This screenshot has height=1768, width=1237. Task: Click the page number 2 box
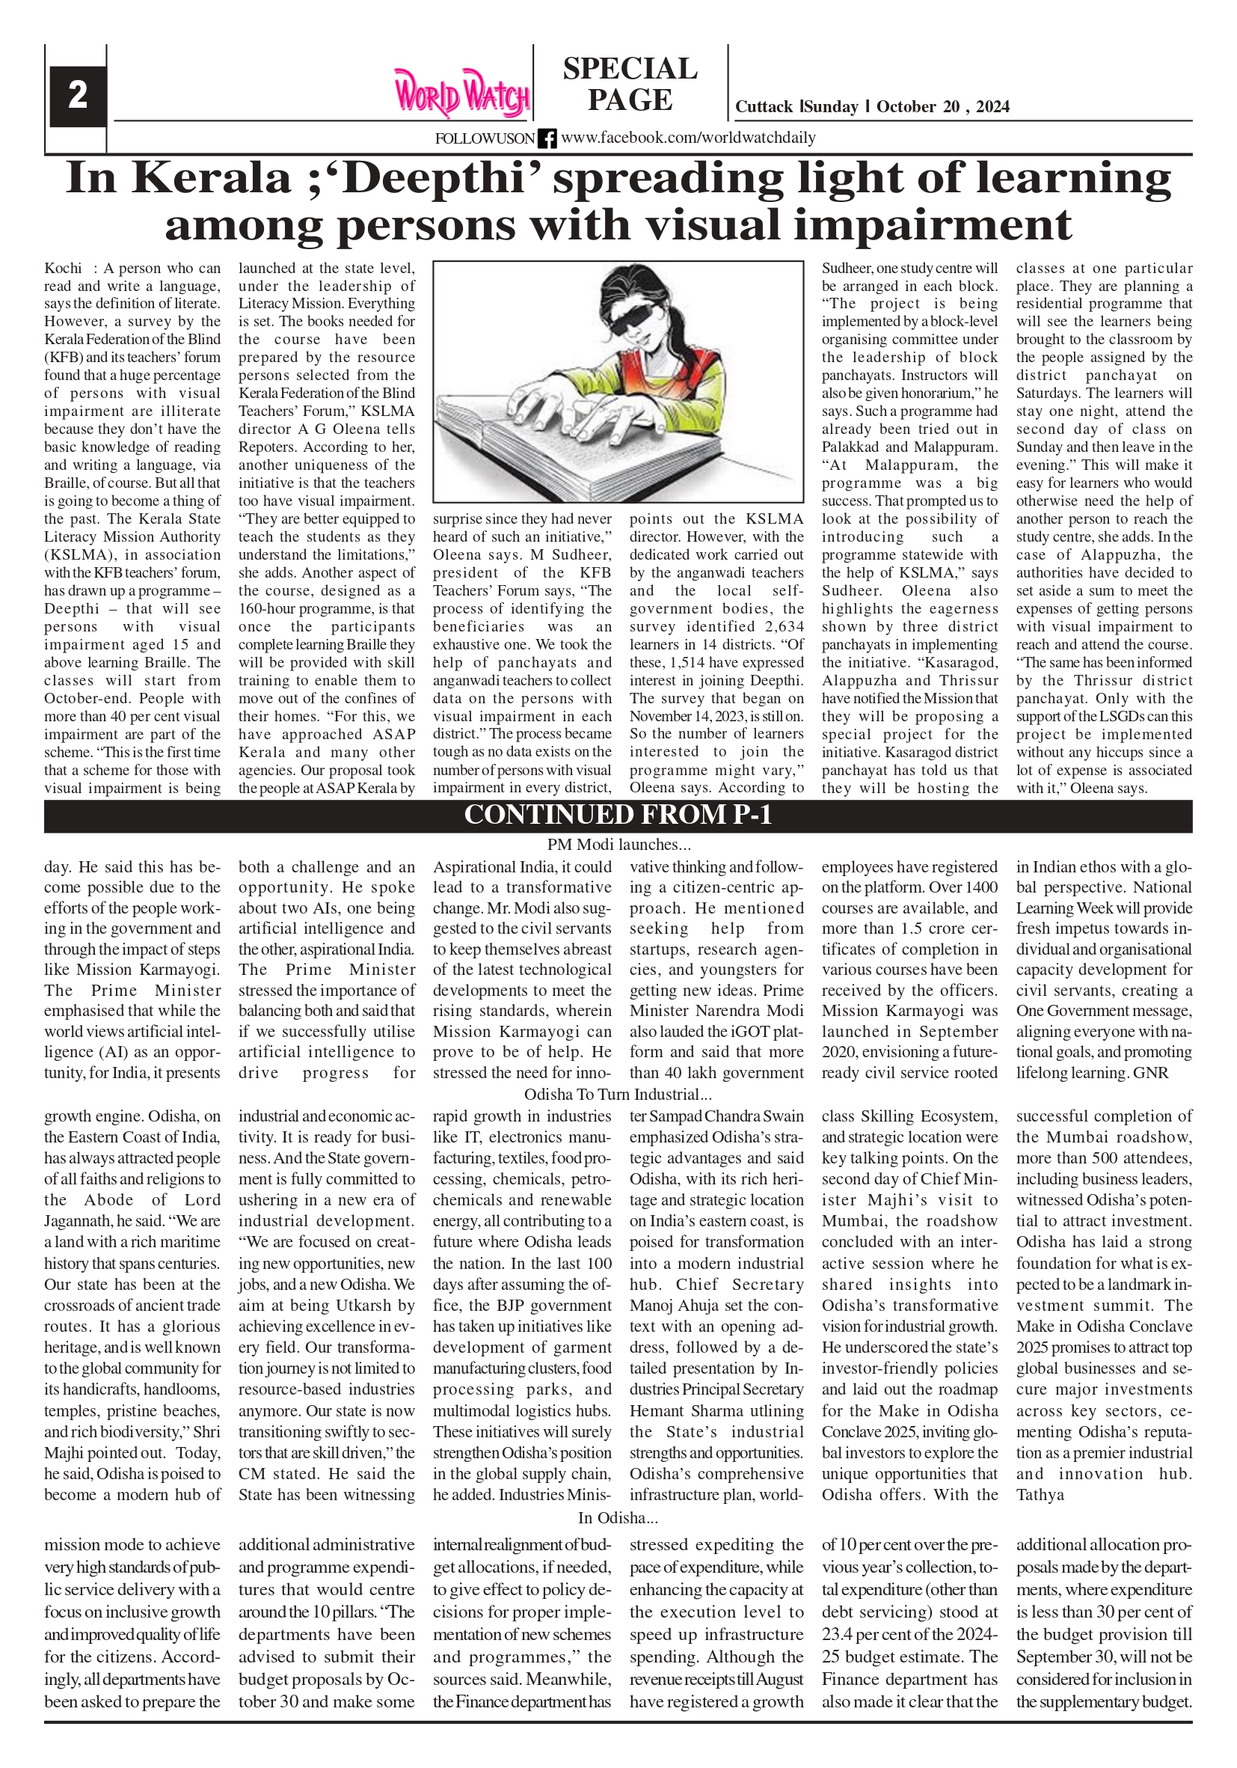pos(77,96)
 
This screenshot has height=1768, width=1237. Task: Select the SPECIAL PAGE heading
pos(630,84)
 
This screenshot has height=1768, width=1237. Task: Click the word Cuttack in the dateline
pos(764,107)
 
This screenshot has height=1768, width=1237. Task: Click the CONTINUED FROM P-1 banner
pos(617,815)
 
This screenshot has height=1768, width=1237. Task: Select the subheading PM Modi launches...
pos(618,845)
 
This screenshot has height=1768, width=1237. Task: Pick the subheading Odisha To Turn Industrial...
pos(617,1094)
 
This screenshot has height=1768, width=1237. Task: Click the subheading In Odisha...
pos(617,1518)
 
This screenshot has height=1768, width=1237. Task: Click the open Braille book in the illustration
pos(585,447)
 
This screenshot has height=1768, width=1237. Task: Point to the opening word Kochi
pos(62,269)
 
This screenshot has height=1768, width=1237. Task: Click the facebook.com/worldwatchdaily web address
pos(688,138)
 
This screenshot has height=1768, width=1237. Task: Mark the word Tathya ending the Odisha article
pos(1040,1495)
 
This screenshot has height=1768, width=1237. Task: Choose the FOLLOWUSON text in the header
pos(484,138)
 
